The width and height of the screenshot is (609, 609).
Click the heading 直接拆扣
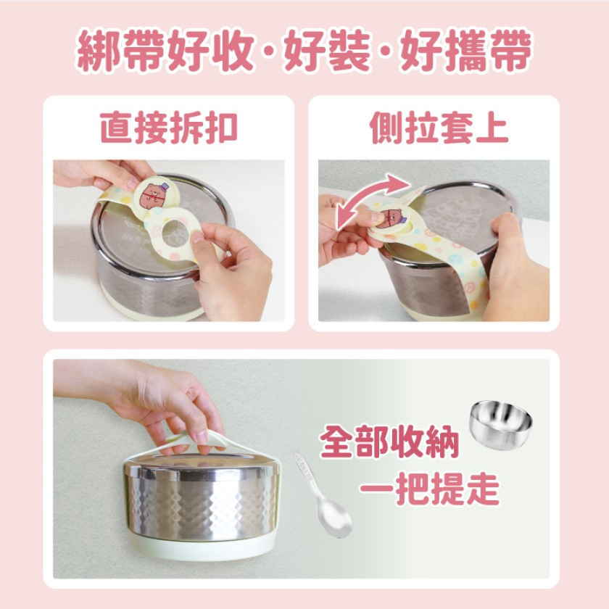coord(169,128)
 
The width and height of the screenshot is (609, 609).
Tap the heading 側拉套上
coord(439,128)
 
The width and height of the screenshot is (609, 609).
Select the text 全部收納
coord(389,442)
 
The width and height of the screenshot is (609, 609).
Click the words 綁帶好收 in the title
coord(165,51)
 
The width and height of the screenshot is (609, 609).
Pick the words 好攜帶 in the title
coord(465,51)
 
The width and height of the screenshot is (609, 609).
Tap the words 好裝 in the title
coord(326,51)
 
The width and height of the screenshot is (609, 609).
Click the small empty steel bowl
coord(501,426)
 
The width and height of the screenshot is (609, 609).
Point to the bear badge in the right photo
coord(389,219)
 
